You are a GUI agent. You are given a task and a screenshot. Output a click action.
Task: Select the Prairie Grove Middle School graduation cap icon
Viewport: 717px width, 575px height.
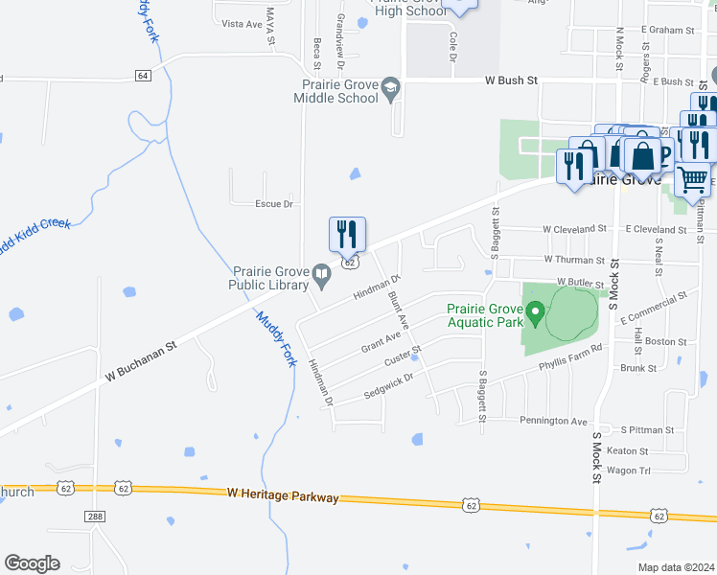click(390, 90)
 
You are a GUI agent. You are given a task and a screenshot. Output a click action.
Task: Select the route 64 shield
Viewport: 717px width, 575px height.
click(143, 75)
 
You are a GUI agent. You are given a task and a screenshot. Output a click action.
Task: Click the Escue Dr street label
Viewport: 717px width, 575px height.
click(273, 204)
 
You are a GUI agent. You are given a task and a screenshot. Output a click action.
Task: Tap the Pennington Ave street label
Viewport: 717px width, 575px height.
click(553, 421)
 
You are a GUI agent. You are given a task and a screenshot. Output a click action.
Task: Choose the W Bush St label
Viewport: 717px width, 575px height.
click(511, 80)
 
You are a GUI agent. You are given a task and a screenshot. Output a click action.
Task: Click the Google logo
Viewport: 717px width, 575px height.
click(32, 563)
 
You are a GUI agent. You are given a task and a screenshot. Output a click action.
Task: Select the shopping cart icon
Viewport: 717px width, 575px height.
click(692, 177)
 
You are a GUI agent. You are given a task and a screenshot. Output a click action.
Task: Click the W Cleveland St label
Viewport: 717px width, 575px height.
click(574, 229)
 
